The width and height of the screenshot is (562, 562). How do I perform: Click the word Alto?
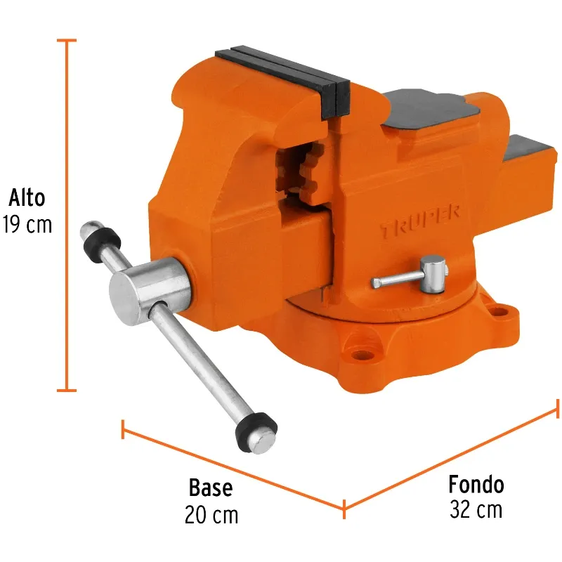[27, 197]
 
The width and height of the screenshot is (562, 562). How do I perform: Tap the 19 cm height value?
[27, 225]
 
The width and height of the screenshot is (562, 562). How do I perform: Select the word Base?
[211, 488]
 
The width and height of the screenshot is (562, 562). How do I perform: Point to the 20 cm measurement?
[211, 515]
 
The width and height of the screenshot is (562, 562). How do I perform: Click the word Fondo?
[476, 485]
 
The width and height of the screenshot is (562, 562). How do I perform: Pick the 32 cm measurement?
[476, 509]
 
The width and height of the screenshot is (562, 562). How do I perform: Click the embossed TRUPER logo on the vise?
[420, 222]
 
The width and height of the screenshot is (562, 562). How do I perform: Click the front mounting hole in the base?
[362, 355]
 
